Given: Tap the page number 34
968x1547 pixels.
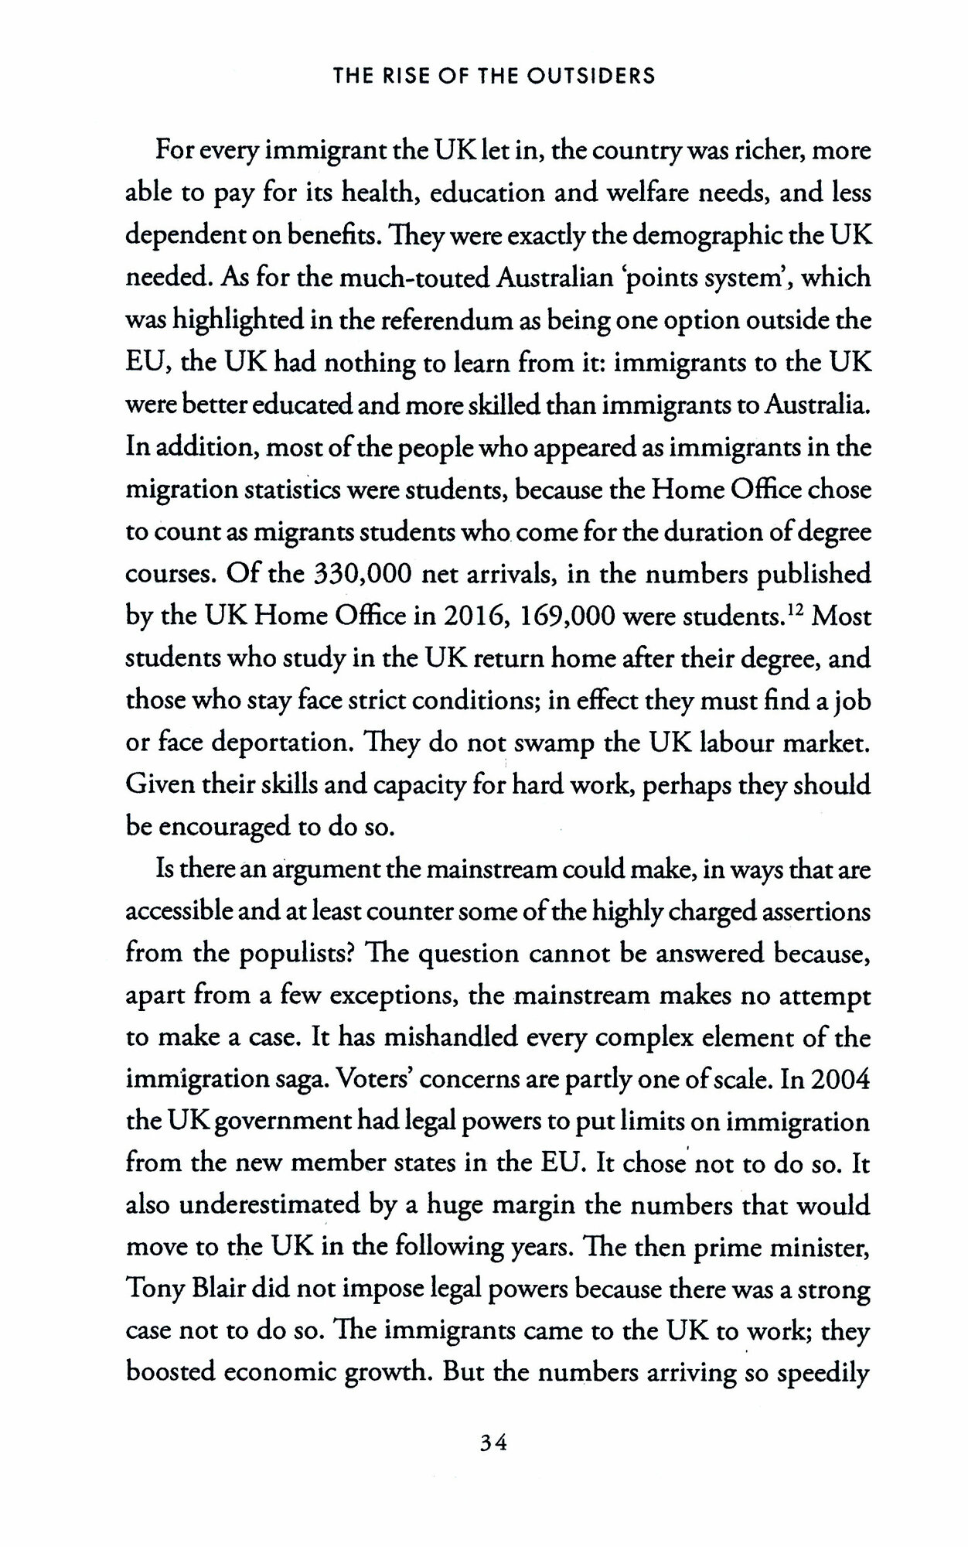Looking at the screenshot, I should coord(493,1443).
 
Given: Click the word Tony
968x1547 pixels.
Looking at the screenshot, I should coord(155,1291).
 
